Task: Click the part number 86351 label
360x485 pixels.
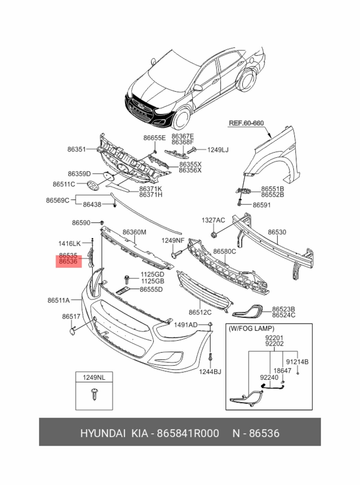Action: (76, 149)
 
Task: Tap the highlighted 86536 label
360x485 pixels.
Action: (68, 262)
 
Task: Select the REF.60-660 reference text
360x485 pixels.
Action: (246, 123)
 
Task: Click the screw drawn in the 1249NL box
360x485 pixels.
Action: (94, 394)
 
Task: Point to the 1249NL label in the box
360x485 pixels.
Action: (94, 377)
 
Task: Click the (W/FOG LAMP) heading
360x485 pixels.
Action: (251, 328)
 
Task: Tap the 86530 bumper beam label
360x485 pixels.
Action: (277, 232)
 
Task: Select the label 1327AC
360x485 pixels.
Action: (213, 220)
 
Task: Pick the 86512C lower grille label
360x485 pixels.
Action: (200, 312)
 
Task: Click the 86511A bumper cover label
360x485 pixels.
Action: (58, 300)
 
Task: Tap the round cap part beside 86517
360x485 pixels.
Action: (72, 331)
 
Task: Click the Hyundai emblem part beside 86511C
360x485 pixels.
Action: (93, 185)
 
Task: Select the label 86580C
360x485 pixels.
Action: (224, 251)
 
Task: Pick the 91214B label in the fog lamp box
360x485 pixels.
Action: (297, 362)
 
